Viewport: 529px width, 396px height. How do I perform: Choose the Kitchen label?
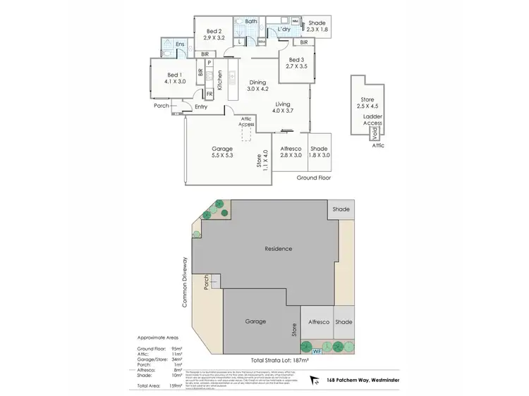click(x=220, y=80)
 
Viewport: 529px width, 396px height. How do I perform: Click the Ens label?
click(x=181, y=44)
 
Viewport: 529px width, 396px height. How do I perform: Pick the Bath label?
click(x=250, y=22)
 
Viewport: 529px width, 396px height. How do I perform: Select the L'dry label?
click(x=285, y=30)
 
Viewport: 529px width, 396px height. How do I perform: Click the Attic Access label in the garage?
click(x=246, y=121)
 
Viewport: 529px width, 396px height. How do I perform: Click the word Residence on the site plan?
click(x=278, y=249)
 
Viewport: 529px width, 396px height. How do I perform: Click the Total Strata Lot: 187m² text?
click(x=279, y=359)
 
